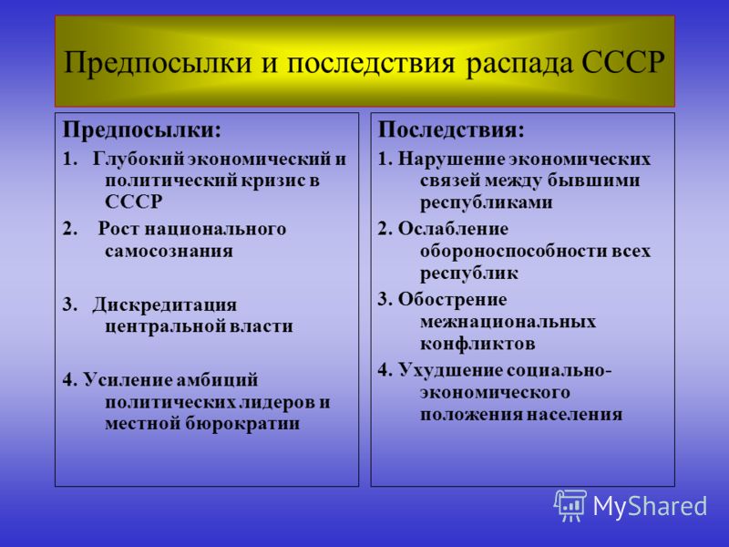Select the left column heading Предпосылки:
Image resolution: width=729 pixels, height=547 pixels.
tap(141, 129)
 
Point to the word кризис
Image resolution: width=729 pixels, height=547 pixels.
tap(272, 180)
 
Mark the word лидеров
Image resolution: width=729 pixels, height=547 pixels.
tap(270, 401)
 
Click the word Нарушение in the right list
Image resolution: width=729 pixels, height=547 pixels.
tap(447, 159)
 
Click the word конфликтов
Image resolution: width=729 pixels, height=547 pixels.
tap(477, 344)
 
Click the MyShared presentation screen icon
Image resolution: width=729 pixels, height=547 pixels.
tap(570, 504)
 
